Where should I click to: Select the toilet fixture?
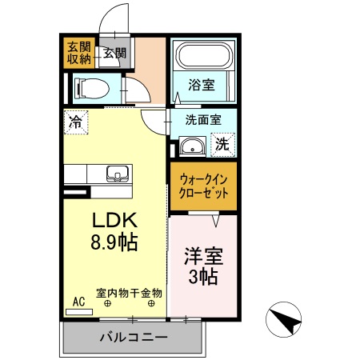pyautogui.click(x=87, y=88)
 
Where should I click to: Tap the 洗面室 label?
pyautogui.click(x=203, y=121)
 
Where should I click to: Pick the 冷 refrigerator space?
pyautogui.click(x=75, y=122)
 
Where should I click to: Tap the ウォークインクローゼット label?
pyautogui.click(x=202, y=186)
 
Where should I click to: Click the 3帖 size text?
pyautogui.click(x=203, y=279)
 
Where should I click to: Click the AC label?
pyautogui.click(x=78, y=301)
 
